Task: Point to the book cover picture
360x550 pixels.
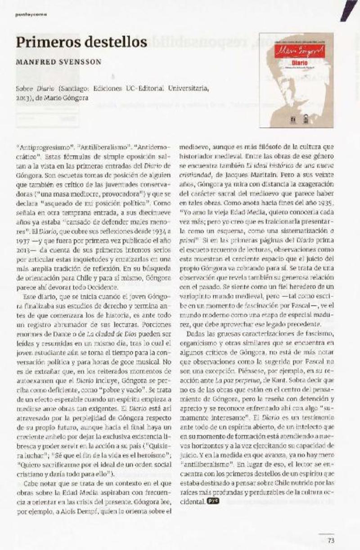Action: click(x=296, y=80)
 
